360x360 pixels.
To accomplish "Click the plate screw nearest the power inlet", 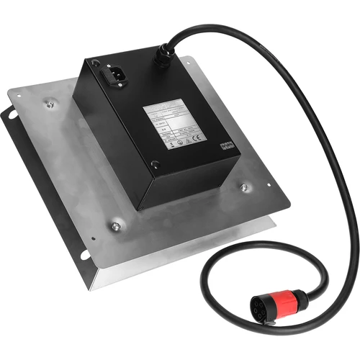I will (50, 104).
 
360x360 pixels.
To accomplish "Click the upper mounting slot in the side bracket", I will (11, 115).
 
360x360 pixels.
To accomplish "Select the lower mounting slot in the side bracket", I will (84, 253).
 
